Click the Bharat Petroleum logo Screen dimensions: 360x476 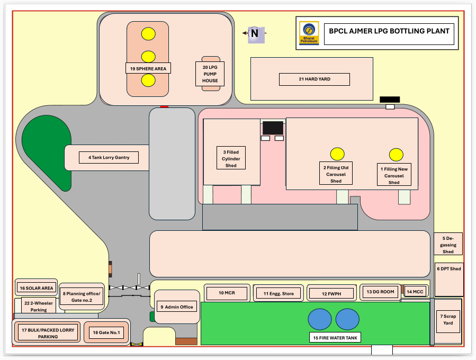tap(309, 33)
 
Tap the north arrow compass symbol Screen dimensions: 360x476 tap(254, 33)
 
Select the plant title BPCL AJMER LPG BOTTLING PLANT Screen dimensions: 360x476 tap(389, 31)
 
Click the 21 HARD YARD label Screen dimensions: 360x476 tap(315, 79)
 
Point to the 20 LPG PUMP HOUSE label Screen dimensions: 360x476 tap(210, 74)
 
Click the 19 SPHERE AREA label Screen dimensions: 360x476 tap(148, 68)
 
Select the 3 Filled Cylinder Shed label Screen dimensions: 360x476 tap(231, 159)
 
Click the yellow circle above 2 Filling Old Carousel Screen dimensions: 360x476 tap(337, 154)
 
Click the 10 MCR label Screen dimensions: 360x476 tap(227, 293)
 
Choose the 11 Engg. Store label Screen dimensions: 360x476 tap(278, 293)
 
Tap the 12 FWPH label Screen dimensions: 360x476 tap(331, 293)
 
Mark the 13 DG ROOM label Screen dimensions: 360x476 tap(380, 292)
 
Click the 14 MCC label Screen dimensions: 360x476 tap(415, 292)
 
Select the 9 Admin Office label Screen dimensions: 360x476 tap(177, 307)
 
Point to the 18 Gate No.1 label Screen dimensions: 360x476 tap(106, 333)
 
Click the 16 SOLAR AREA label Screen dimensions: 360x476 tap(36, 288)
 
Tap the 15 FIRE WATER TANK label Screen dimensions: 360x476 tap(335, 337)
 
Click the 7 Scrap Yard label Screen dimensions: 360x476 tap(448, 320)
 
